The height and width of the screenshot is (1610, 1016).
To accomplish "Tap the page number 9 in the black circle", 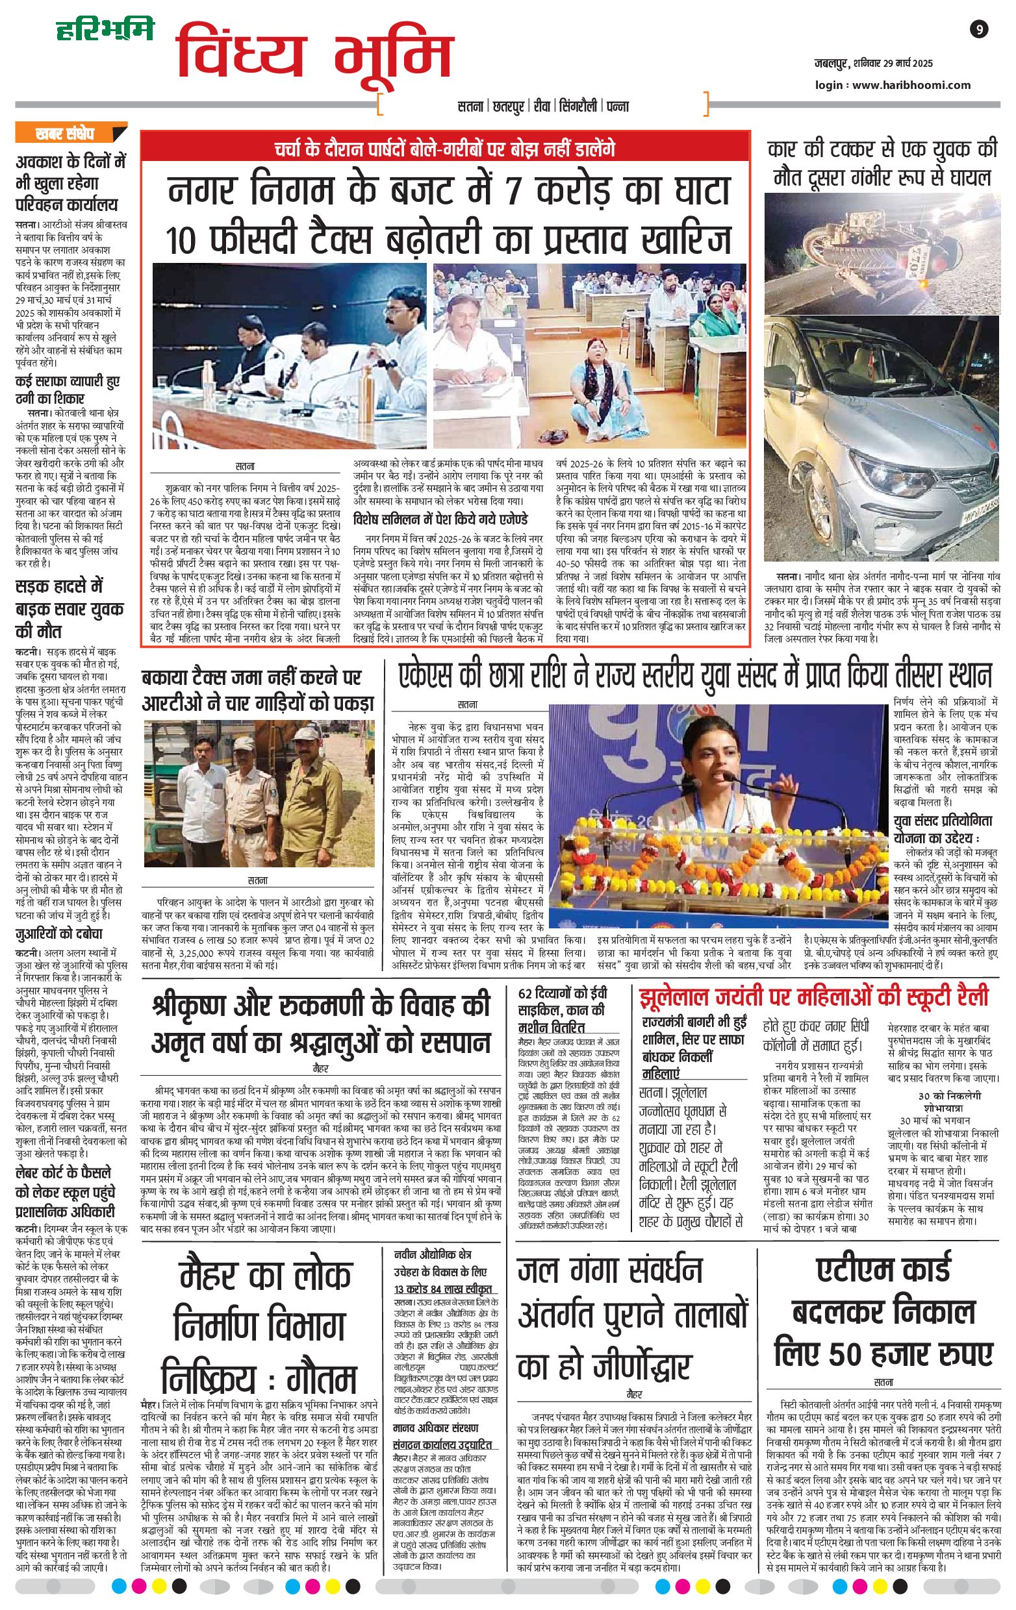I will coord(978,29).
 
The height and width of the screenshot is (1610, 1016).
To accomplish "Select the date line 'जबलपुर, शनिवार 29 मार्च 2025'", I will coord(873,64).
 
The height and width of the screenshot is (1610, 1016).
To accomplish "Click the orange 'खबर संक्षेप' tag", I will coord(65,133).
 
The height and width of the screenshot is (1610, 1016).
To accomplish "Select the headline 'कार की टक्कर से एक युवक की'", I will coord(882,149).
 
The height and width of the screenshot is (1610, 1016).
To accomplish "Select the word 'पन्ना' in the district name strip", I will coord(617,106).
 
